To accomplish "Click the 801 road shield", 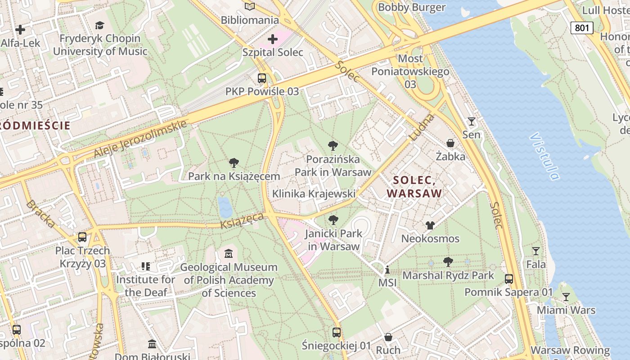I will (582, 28).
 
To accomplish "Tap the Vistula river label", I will (545, 156).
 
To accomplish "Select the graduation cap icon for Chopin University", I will (99, 25).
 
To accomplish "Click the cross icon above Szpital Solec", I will (273, 39).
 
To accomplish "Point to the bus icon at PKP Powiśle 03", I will (262, 78).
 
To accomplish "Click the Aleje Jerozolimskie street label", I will (140, 139).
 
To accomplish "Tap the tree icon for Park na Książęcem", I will (234, 163).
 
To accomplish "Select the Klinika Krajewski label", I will (314, 193).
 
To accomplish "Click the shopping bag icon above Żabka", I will (450, 144).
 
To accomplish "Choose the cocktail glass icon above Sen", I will (471, 121).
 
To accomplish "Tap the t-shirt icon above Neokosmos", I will (430, 225).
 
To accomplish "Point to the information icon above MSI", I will (387, 270).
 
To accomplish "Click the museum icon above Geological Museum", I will (229, 254).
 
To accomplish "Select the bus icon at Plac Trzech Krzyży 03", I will (82, 237).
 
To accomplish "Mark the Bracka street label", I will (41, 214).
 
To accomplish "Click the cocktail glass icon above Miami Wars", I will (566, 297).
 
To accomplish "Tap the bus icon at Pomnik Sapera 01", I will (508, 279).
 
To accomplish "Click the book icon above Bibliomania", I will (250, 6).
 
